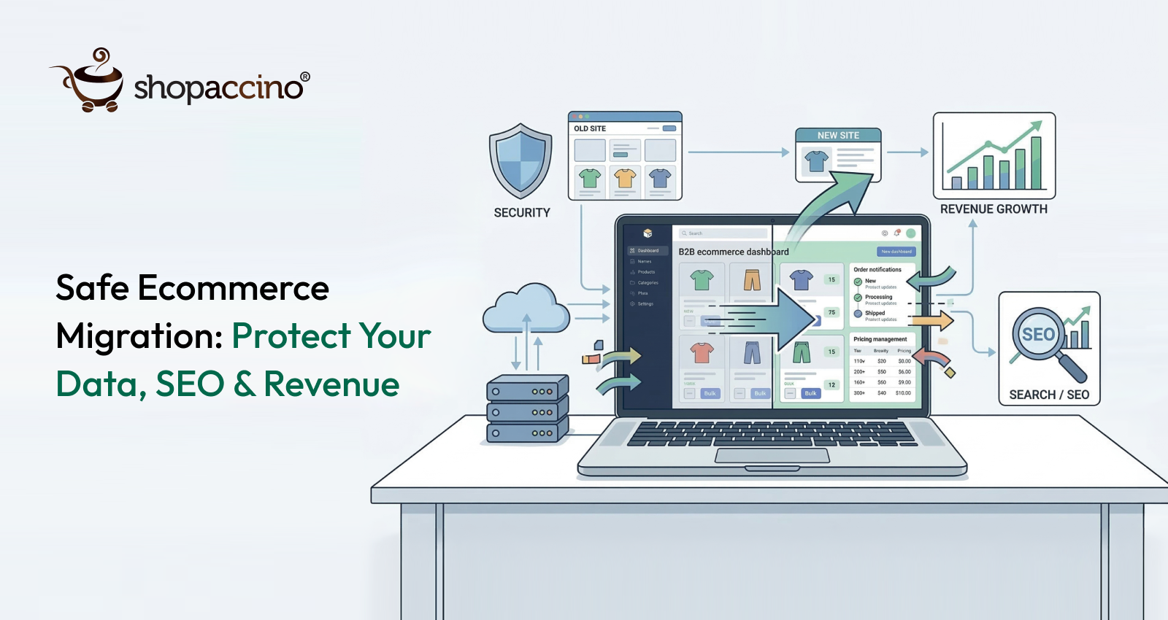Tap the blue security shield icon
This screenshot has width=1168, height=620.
pos(520,160)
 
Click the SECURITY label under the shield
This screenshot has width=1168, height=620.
pos(522,213)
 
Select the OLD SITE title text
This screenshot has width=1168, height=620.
pos(590,128)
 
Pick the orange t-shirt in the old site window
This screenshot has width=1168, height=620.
pos(625,178)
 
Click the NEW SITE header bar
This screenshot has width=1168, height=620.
pos(838,136)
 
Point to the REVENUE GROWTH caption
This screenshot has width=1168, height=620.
pos(994,209)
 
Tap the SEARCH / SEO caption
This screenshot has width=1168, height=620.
pos(1049,395)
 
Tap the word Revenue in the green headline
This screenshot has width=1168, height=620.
pos(331,384)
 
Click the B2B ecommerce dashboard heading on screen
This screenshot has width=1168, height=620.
pos(734,252)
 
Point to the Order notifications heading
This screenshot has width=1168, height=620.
pos(877,270)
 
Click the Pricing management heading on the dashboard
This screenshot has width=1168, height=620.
pos(880,339)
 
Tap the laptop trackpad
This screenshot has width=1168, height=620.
pos(772,456)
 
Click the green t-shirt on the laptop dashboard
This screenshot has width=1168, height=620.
pos(702,279)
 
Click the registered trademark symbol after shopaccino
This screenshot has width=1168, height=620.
pos(305,77)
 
